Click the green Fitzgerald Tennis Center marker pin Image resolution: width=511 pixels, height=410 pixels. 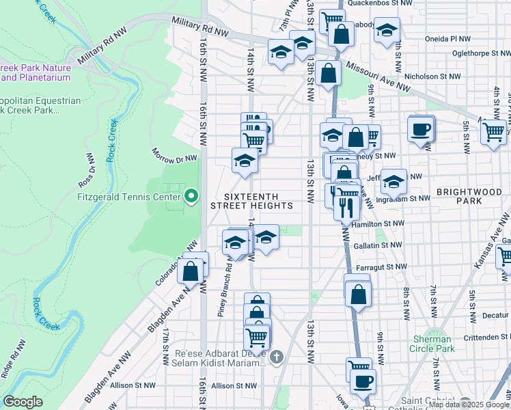191,197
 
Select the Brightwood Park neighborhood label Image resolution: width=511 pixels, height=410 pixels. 469,197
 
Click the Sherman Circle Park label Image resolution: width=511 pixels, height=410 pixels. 433,344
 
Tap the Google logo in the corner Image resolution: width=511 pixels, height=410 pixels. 23,402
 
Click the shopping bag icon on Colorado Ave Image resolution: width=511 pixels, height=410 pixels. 191,271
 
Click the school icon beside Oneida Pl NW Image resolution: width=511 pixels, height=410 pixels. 387,30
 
